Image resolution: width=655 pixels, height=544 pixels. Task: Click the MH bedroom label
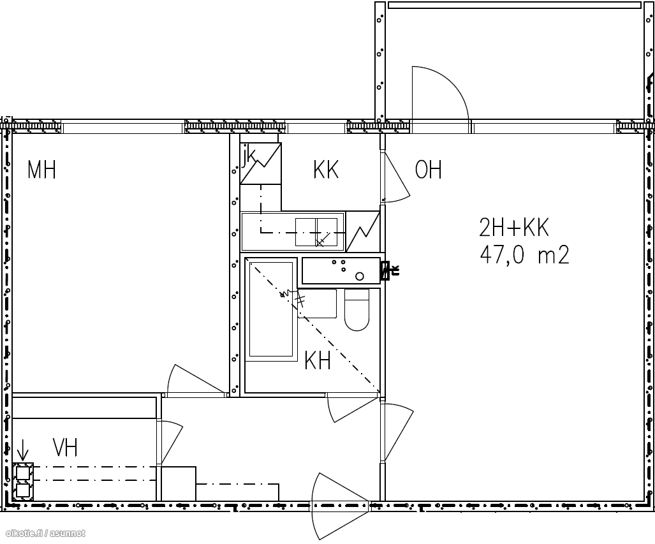[41, 169]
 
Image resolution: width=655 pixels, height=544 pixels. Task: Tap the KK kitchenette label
[326, 169]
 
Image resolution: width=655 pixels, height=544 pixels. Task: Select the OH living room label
[428, 169]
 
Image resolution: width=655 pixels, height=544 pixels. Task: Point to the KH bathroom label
[318, 360]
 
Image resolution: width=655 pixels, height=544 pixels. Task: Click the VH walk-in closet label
[65, 447]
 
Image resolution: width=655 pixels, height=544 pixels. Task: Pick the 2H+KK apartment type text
[514, 228]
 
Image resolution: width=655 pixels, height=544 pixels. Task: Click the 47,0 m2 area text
[524, 254]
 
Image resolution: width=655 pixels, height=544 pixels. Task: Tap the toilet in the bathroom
[357, 309]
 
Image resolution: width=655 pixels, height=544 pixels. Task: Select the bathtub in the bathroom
[271, 309]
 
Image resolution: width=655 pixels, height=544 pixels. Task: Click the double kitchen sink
[316, 232]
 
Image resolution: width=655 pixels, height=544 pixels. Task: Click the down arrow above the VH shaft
[23, 450]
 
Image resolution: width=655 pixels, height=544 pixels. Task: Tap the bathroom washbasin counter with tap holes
[341, 270]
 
